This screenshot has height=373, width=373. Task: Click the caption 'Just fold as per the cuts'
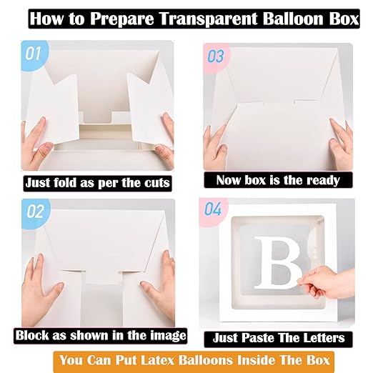[x=97, y=183]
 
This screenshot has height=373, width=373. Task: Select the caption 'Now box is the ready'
[x=278, y=180]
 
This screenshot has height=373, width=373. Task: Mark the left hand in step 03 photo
[x=214, y=146]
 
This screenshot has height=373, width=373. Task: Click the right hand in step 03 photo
[x=341, y=146]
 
